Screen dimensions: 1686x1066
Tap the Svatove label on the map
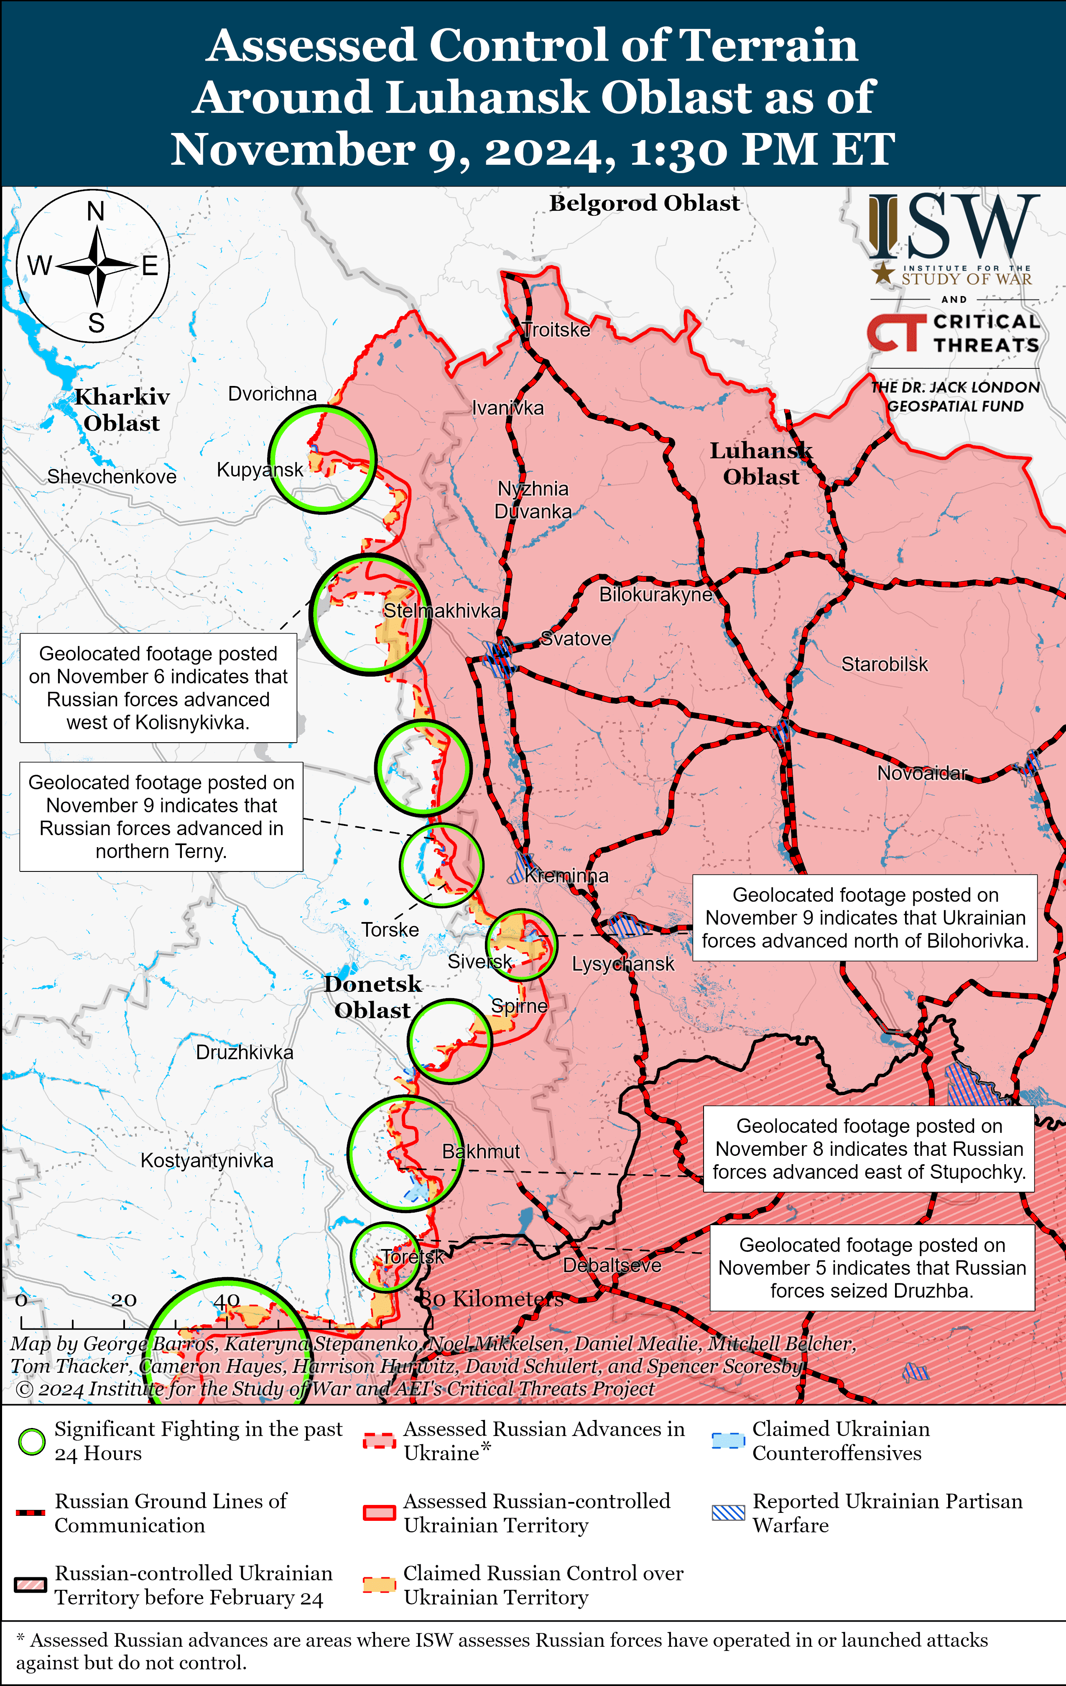tap(576, 639)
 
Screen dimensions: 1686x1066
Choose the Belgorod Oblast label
tap(644, 203)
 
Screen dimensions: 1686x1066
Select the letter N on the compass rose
tap(96, 211)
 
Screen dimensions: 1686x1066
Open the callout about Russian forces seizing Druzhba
tap(872, 1267)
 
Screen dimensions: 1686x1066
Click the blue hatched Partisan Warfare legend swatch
tap(728, 1512)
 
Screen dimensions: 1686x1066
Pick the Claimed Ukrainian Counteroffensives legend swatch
tap(728, 1441)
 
